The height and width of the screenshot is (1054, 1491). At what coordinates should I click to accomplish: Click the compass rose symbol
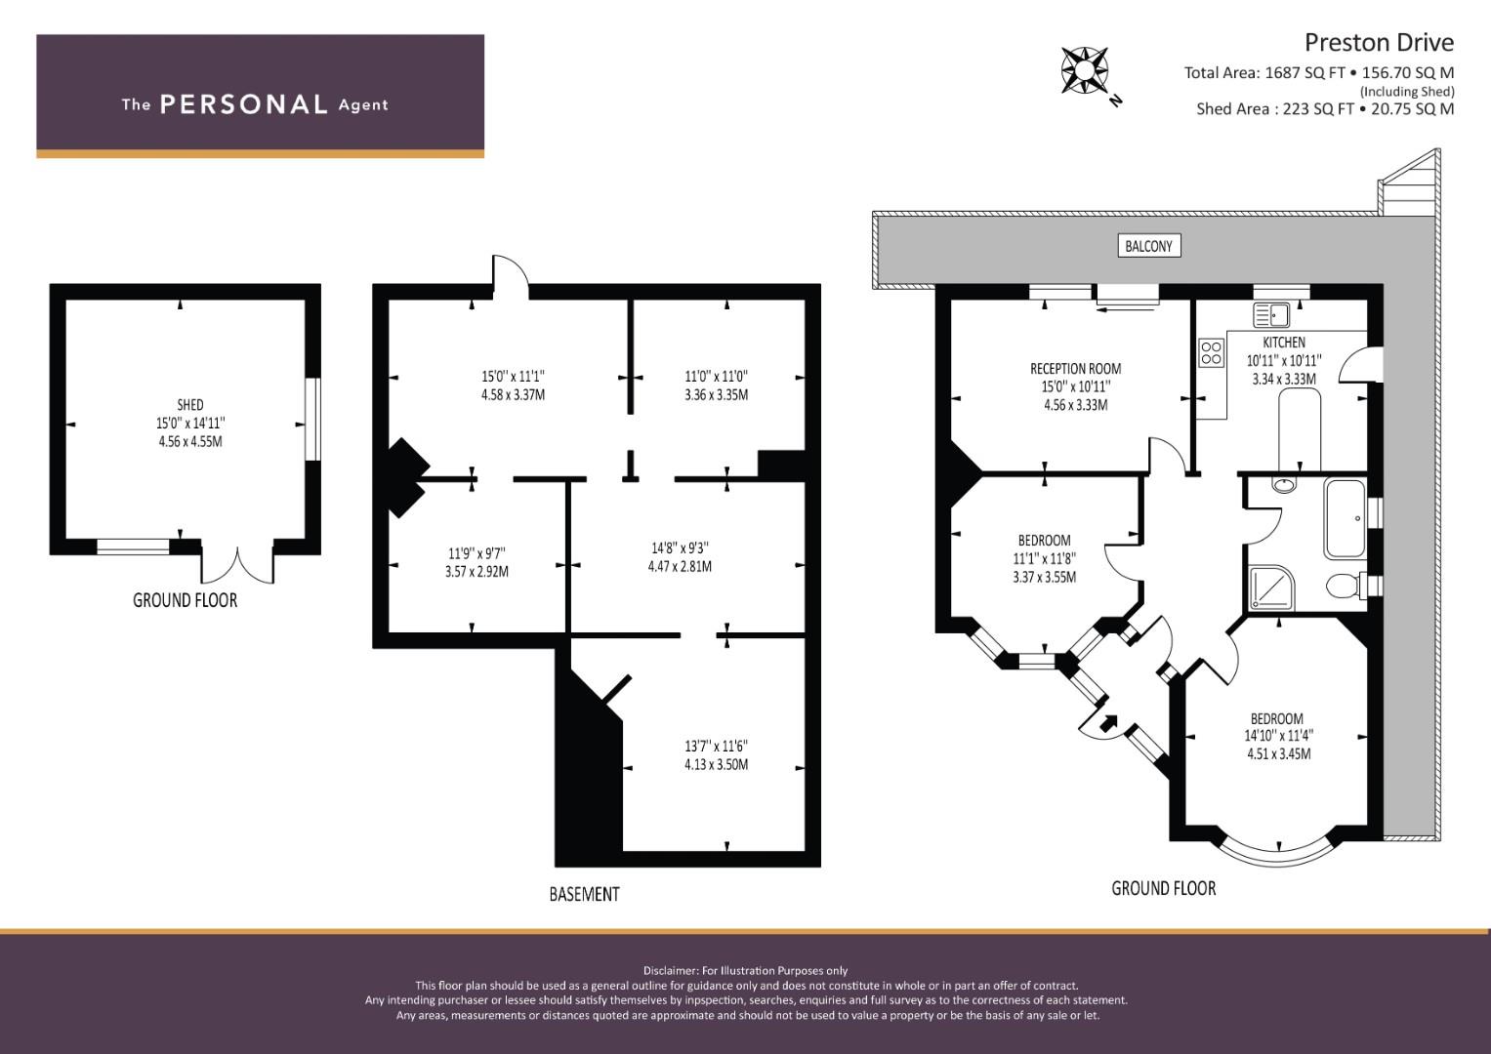(x=1084, y=70)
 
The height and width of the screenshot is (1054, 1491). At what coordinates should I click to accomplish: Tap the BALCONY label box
(x=1149, y=246)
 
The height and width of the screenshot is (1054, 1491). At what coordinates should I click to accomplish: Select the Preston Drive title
(x=1379, y=43)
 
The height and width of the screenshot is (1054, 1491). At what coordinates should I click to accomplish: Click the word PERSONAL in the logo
(x=244, y=104)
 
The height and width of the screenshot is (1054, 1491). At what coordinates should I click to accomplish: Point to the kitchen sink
(x=1271, y=315)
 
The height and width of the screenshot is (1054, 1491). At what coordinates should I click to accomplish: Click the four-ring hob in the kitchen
(x=1212, y=353)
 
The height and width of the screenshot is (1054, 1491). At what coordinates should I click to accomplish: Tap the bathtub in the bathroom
(x=1346, y=519)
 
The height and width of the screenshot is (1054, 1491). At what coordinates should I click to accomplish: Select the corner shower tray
(x=1272, y=588)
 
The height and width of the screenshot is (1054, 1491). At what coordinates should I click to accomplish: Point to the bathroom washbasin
(x=1285, y=484)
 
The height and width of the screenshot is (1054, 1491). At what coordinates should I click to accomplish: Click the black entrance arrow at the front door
(x=1108, y=723)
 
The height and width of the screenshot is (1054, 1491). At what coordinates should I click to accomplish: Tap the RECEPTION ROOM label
(x=1076, y=369)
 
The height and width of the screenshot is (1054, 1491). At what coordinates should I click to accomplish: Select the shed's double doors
(x=237, y=564)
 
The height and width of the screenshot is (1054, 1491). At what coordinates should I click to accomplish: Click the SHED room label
(x=190, y=405)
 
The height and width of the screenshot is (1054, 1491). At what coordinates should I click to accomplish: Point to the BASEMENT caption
(x=585, y=894)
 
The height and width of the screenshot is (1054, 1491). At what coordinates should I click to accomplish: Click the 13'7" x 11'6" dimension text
(x=717, y=747)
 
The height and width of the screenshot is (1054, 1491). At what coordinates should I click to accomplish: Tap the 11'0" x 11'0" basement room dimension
(x=717, y=377)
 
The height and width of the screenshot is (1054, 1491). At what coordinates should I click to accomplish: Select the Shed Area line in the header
(x=1325, y=109)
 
